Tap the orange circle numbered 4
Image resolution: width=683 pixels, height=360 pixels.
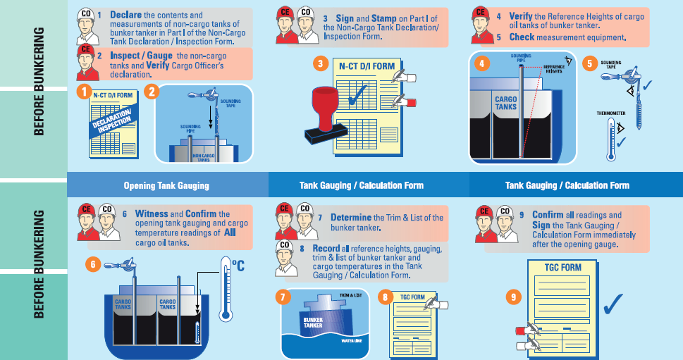click(x=481, y=63)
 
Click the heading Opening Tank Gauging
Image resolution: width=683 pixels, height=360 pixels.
click(x=167, y=185)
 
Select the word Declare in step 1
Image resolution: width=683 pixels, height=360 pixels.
click(x=125, y=14)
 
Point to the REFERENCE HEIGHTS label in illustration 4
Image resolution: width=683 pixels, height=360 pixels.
click(x=554, y=68)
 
